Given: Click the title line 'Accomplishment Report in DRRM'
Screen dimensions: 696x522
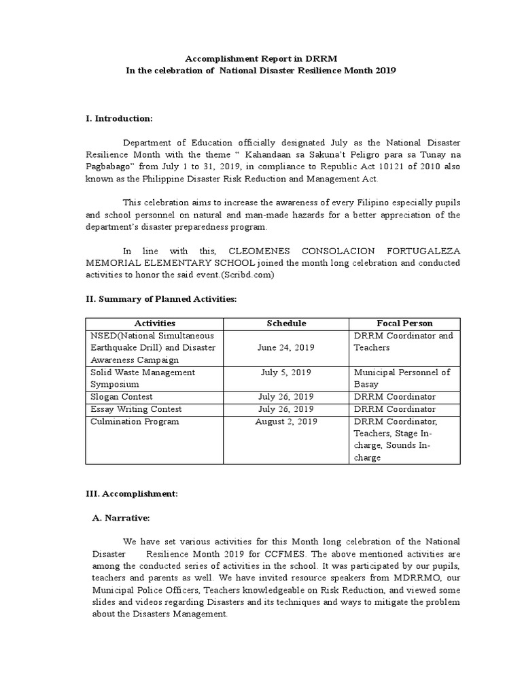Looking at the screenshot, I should click(x=261, y=59).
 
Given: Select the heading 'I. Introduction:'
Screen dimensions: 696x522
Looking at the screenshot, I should click(x=119, y=119).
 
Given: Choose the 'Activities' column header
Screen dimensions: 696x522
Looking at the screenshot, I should click(x=155, y=324).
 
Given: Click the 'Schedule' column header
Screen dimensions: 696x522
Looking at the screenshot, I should click(x=286, y=324).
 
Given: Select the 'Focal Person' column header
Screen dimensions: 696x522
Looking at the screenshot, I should click(x=404, y=324).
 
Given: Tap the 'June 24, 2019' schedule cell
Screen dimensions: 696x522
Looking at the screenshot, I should click(x=286, y=348).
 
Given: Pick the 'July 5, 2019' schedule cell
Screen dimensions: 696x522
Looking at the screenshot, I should click(x=286, y=372).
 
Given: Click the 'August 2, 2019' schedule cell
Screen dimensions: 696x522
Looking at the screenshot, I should click(x=286, y=421).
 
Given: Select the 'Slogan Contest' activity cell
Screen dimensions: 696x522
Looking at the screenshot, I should click(x=121, y=397).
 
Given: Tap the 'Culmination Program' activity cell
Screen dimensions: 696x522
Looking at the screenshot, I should click(x=135, y=421).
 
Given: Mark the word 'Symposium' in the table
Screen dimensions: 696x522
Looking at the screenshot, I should click(x=114, y=385).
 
